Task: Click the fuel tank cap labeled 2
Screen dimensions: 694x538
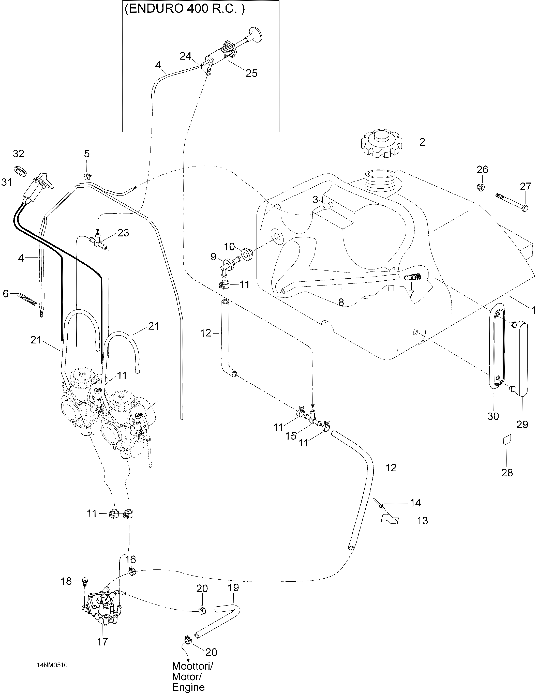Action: point(381,144)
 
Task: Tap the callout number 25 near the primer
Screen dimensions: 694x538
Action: point(251,73)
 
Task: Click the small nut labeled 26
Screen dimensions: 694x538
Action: point(481,187)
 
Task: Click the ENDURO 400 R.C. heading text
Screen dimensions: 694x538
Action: point(185,10)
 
